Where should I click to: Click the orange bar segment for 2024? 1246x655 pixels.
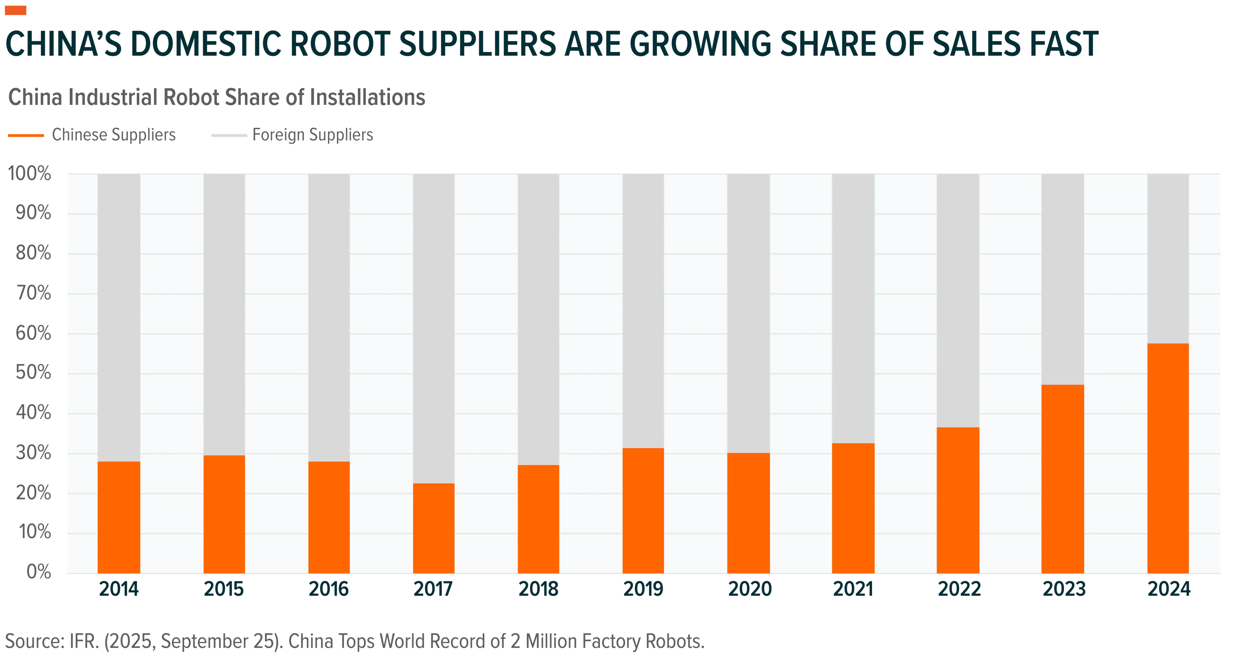(x=1168, y=458)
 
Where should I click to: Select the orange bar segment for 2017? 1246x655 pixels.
(x=434, y=528)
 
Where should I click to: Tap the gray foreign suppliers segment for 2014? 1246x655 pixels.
(x=119, y=318)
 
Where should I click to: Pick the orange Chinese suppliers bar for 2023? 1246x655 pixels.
(x=1063, y=479)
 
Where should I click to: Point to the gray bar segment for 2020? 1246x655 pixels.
(x=748, y=314)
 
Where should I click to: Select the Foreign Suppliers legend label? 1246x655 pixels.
(x=313, y=135)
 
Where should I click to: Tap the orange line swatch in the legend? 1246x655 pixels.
(x=26, y=135)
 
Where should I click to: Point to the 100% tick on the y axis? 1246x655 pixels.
(x=30, y=174)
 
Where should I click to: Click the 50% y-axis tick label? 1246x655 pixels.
(x=33, y=373)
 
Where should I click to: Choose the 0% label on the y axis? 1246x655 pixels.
(x=39, y=572)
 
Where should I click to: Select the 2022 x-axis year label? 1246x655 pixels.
(x=959, y=589)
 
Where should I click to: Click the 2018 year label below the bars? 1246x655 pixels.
(x=538, y=589)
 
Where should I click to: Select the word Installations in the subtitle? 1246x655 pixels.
(x=368, y=97)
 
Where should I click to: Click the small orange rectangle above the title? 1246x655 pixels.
(x=16, y=10)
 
